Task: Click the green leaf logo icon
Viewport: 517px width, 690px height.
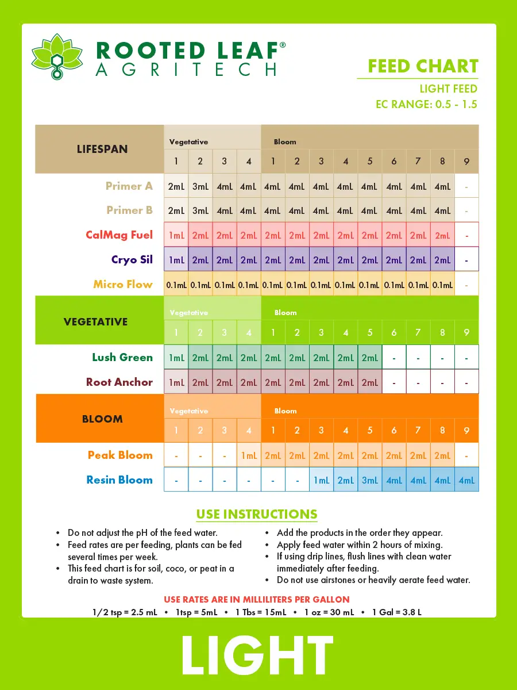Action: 57,57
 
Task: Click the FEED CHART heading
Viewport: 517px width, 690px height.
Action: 423,66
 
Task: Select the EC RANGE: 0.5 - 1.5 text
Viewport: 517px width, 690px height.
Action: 426,104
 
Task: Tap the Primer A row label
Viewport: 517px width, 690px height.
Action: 129,186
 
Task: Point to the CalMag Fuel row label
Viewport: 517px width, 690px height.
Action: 119,235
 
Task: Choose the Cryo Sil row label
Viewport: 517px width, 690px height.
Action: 132,259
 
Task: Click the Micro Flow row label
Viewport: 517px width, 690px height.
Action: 123,284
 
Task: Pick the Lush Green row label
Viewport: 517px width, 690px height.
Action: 122,357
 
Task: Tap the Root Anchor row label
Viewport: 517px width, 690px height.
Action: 119,382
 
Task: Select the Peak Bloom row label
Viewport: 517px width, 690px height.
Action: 120,455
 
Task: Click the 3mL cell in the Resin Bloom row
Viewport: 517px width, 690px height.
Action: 370,480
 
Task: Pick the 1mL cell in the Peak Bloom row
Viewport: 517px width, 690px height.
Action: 249,455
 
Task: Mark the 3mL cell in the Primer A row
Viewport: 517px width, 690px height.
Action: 200,186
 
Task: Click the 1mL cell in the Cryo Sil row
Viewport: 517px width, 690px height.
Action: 176,260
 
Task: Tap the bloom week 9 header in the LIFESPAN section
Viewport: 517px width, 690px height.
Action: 466,161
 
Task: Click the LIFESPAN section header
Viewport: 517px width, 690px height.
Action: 102,149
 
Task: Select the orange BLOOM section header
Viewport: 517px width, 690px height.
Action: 102,419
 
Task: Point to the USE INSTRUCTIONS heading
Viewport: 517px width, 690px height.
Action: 257,514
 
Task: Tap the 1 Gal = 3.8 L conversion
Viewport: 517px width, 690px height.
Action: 397,612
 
